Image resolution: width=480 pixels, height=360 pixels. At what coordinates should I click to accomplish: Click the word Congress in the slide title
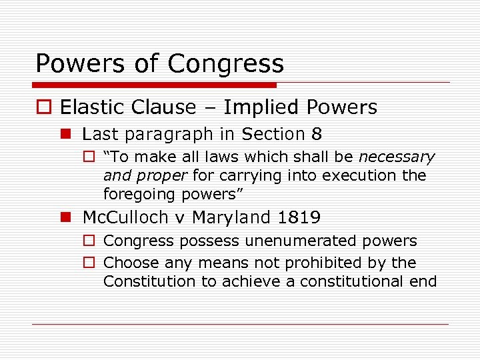point(226,64)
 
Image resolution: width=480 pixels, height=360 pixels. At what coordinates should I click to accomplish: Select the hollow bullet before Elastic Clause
point(43,107)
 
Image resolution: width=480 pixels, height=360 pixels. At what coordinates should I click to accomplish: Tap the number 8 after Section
point(316,134)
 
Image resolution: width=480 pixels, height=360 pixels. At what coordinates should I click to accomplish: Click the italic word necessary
point(397,157)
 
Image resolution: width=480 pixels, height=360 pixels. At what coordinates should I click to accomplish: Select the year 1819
point(299,217)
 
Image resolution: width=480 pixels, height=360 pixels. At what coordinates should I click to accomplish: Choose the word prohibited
point(333,263)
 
